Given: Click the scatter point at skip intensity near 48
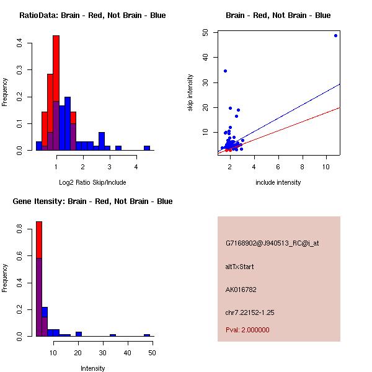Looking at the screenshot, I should coord(335,35).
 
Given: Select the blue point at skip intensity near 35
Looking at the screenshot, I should coord(225,71).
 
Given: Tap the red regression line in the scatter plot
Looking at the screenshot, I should coord(298,123).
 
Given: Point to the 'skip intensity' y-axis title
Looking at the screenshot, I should coord(190,93).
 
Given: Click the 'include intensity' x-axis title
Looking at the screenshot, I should coord(278,182).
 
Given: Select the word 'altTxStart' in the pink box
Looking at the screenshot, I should coord(240,267).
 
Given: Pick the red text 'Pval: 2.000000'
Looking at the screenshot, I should coord(247,330).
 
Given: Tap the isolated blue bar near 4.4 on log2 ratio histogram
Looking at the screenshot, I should coord(147,148).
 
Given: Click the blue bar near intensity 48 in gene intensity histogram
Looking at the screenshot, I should coord(147,335).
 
